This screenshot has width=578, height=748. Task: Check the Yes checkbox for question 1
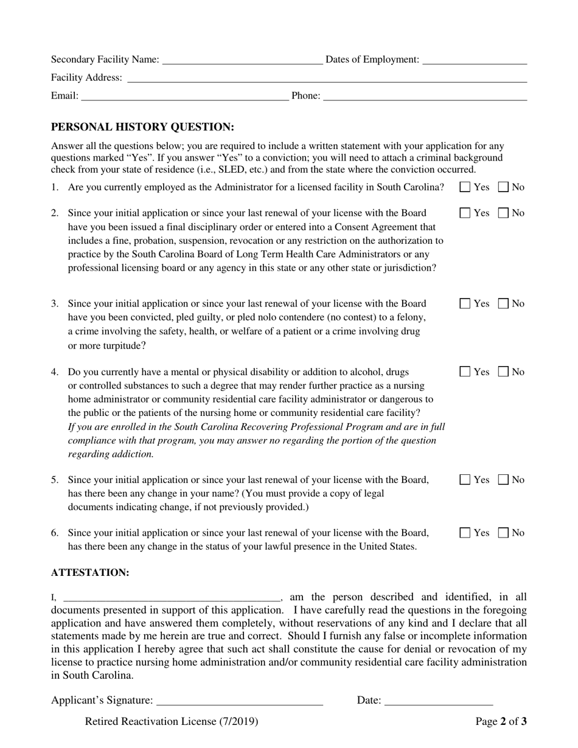pyautogui.click(x=465, y=187)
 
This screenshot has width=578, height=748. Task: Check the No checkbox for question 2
pyautogui.click(x=504, y=213)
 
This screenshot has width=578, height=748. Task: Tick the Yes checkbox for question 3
pyautogui.click(x=465, y=303)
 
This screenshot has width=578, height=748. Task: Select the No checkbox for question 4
pyautogui.click(x=504, y=372)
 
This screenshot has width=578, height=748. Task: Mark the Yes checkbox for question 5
pyautogui.click(x=465, y=480)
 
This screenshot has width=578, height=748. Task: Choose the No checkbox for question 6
pyautogui.click(x=504, y=533)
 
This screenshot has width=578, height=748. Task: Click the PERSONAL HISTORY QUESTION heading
pyautogui.click(x=142, y=127)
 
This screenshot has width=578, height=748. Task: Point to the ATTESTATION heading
pyautogui.click(x=90, y=573)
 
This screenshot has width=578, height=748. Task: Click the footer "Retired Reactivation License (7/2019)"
pyautogui.click(x=172, y=722)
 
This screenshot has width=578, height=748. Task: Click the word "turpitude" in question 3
pyautogui.click(x=124, y=346)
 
